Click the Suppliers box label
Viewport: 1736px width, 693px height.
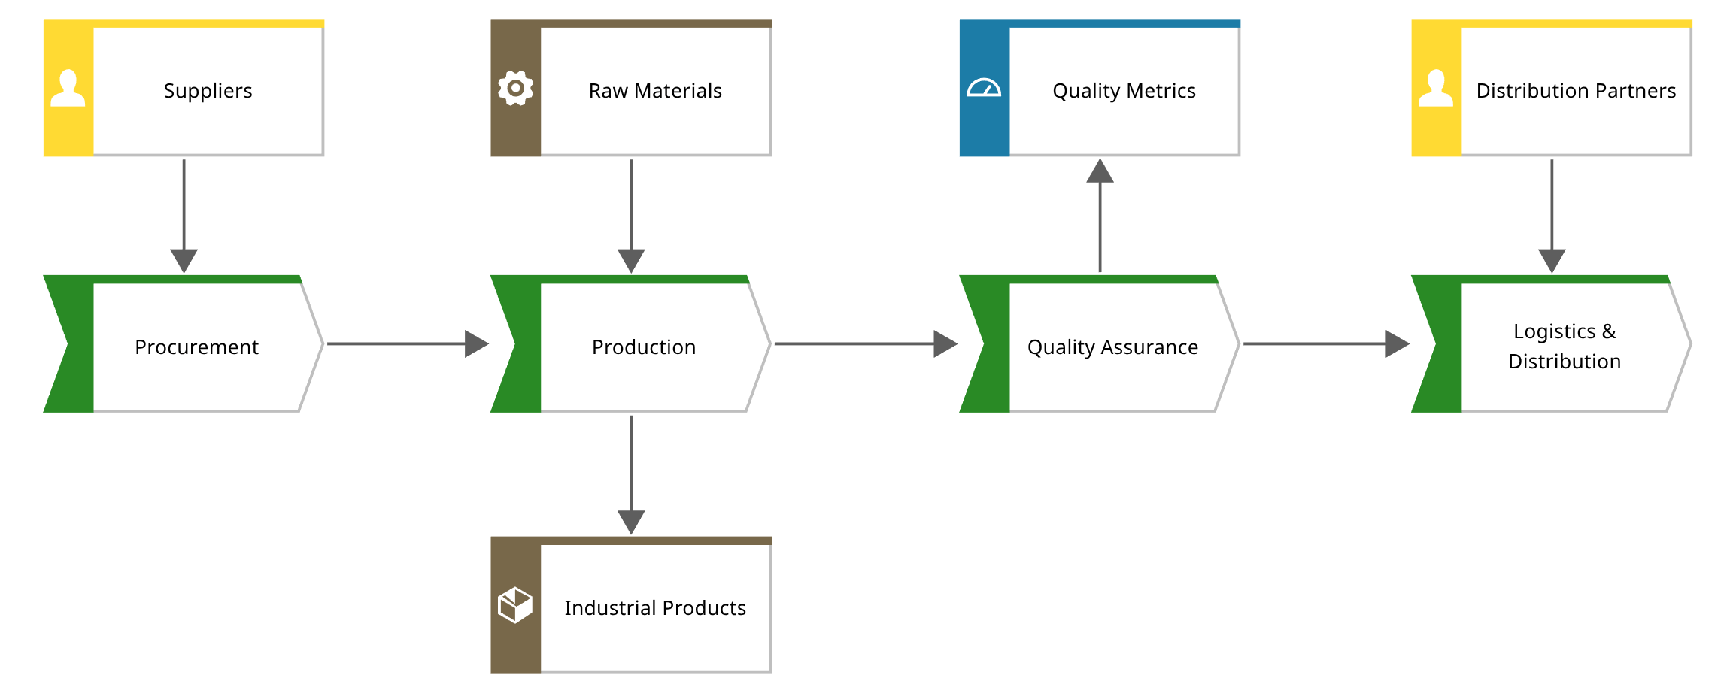208,91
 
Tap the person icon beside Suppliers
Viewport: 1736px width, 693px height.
68,89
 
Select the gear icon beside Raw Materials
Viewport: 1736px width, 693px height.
516,89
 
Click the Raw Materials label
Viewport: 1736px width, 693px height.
655,91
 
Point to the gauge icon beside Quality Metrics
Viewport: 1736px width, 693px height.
984,89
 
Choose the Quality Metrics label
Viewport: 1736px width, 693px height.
1124,91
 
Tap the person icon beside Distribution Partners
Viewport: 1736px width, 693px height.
1436,89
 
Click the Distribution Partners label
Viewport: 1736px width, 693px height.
1576,91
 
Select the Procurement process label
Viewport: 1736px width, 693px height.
196,347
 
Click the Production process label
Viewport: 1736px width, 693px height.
644,347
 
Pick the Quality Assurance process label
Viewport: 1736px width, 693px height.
1112,347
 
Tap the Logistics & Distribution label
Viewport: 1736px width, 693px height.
1565,346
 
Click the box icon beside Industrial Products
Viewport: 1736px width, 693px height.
516,605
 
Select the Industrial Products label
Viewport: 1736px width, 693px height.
655,608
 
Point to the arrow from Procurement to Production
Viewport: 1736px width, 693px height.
406,343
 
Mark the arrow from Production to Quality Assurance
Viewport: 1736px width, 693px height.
865,343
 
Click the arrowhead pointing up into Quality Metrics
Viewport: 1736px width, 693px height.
1100,171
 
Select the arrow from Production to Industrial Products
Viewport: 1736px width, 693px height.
631,474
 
